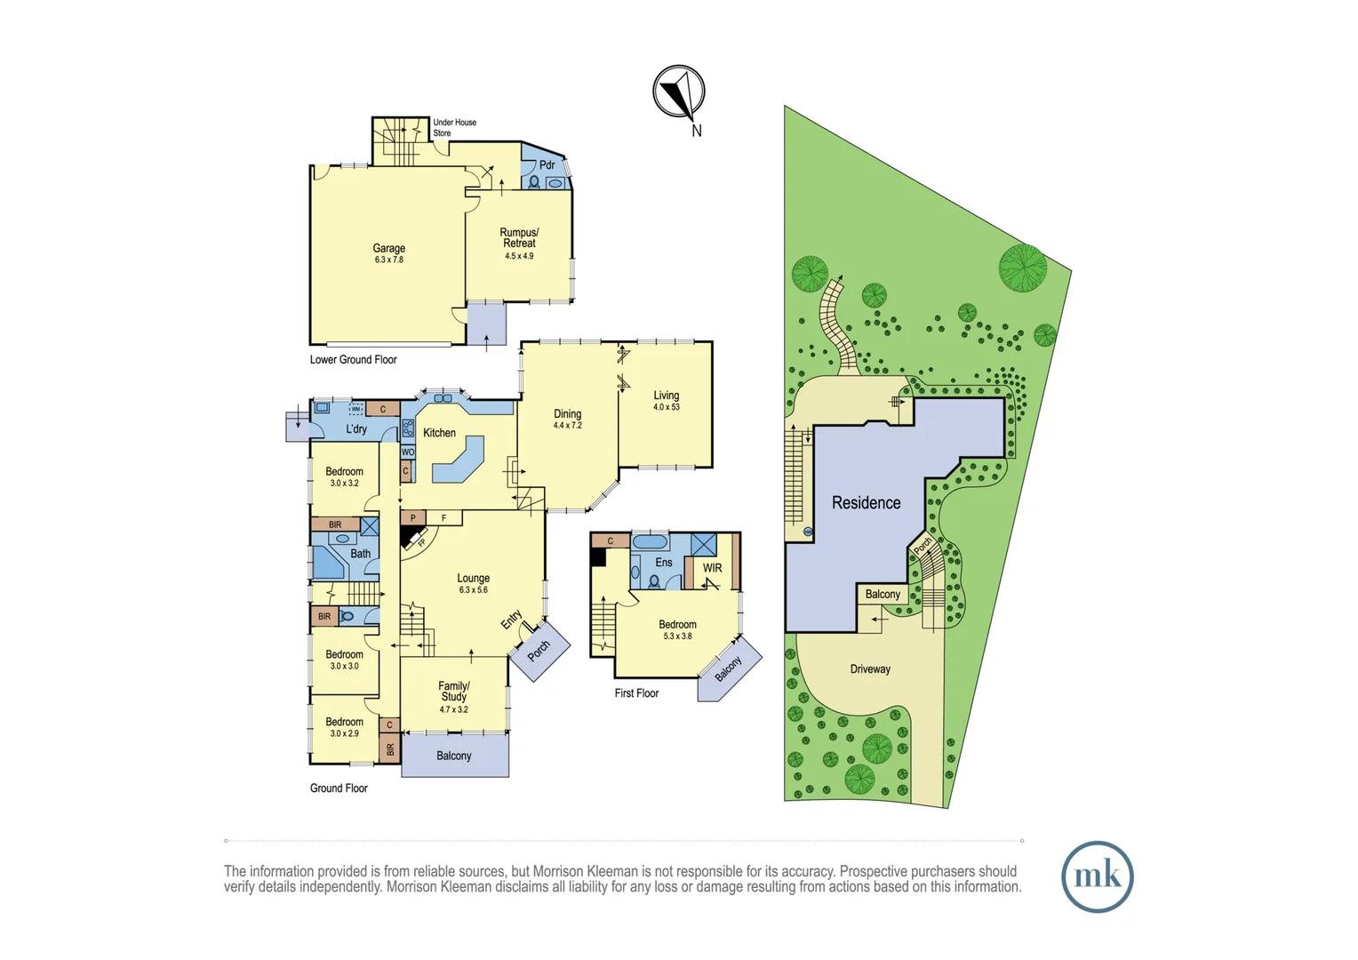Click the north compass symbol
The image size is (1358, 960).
coord(678,92)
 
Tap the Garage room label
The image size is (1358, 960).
coord(388,248)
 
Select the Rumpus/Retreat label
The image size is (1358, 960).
coord(519,237)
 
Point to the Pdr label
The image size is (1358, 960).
coord(547,165)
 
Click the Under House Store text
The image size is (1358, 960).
coord(455,127)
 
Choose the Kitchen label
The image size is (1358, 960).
coord(439,433)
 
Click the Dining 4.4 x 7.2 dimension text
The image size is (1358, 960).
coord(567,426)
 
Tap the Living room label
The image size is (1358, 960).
coord(667,396)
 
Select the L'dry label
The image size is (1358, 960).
coord(356,428)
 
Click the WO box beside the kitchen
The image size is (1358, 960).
coord(408,452)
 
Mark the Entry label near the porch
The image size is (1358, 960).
coord(512,620)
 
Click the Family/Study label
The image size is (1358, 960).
coord(453,692)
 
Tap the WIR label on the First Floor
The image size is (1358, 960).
coord(713,568)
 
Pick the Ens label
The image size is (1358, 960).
coord(664,563)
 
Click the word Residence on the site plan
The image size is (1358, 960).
coord(866,503)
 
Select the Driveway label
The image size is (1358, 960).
coord(870,669)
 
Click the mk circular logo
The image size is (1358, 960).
coord(1098,876)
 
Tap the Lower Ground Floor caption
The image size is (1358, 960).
coord(354,360)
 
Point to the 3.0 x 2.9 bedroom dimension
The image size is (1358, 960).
coord(344,733)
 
